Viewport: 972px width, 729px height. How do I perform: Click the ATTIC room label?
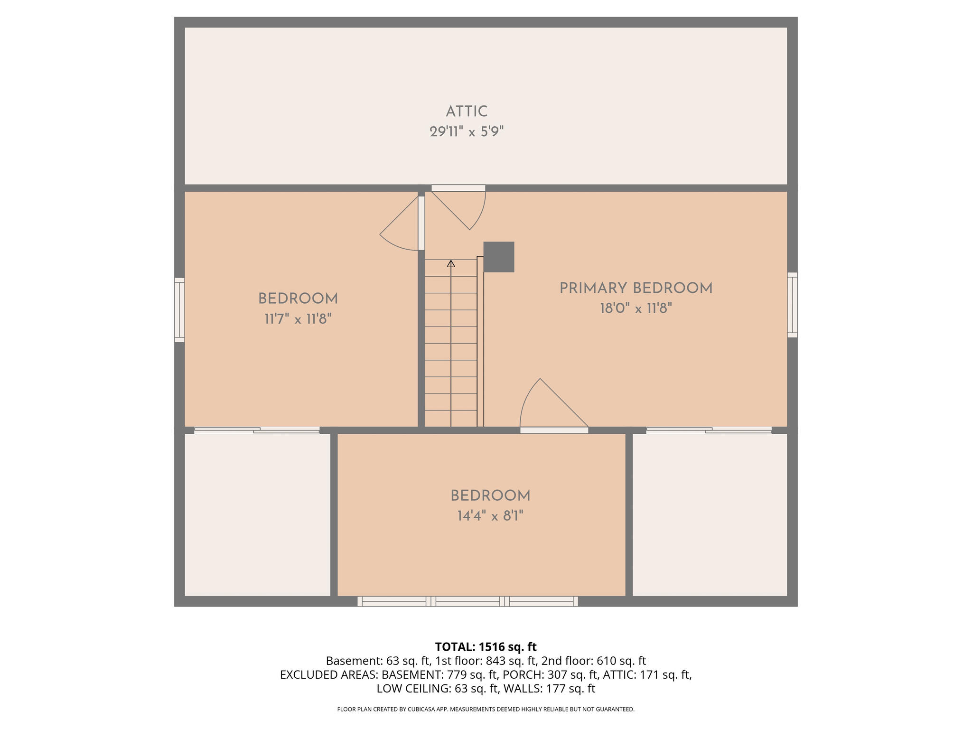click(x=467, y=112)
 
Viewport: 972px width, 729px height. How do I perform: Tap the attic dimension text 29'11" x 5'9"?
click(x=467, y=131)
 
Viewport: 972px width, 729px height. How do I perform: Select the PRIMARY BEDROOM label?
click(x=636, y=288)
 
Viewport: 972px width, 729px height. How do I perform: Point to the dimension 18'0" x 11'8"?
click(x=636, y=308)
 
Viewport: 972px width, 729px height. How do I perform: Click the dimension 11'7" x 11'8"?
click(x=298, y=319)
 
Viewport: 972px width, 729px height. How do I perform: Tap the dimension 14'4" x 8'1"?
click(x=490, y=516)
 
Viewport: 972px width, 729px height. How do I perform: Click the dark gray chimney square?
click(x=498, y=257)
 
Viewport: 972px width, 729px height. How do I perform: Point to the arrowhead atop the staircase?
click(x=451, y=263)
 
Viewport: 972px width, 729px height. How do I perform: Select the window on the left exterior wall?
click(x=179, y=309)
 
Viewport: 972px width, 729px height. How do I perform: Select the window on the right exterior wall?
click(x=792, y=305)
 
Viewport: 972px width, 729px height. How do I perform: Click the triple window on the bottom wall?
click(x=467, y=601)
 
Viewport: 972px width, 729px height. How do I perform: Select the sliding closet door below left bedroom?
click(x=257, y=430)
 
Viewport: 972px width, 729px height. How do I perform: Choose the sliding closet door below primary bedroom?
click(x=709, y=430)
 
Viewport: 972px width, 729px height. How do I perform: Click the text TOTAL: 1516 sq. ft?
click(x=486, y=647)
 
